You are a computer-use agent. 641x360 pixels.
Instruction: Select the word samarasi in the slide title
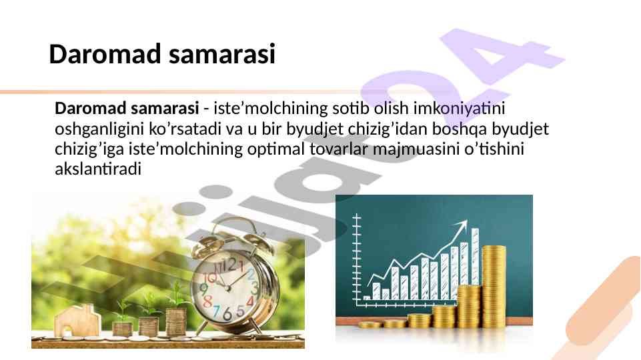222,54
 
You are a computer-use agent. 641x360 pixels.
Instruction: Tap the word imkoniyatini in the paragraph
460,109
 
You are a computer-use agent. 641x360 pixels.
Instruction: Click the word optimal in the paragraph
276,149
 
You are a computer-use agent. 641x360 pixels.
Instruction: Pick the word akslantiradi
98,169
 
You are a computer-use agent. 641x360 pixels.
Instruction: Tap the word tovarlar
339,149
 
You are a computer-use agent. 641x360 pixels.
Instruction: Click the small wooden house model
77,321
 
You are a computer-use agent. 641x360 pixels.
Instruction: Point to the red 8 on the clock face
207,301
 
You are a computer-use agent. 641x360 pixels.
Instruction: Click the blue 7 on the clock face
217,311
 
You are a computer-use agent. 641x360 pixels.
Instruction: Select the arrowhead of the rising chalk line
462,225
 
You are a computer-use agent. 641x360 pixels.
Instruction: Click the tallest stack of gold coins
494,287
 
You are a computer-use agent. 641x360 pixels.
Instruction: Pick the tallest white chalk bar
475,257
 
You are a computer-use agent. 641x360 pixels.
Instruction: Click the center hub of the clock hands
227,288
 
